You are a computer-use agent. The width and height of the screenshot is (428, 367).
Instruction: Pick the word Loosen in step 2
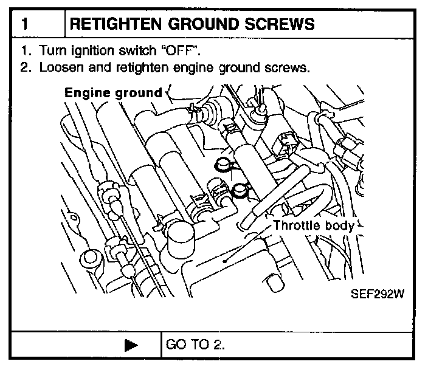[57, 67]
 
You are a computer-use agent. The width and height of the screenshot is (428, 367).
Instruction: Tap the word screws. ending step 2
[287, 67]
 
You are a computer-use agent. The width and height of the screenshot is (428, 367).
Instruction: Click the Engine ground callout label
[113, 93]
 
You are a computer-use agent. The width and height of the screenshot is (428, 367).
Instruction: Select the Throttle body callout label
[313, 225]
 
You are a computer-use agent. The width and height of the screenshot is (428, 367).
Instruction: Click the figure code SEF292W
[378, 295]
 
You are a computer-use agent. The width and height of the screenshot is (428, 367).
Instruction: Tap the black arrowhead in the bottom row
[129, 346]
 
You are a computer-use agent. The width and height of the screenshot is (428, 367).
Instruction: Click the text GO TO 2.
[195, 345]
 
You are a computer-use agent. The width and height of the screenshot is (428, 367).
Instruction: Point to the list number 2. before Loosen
[25, 67]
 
